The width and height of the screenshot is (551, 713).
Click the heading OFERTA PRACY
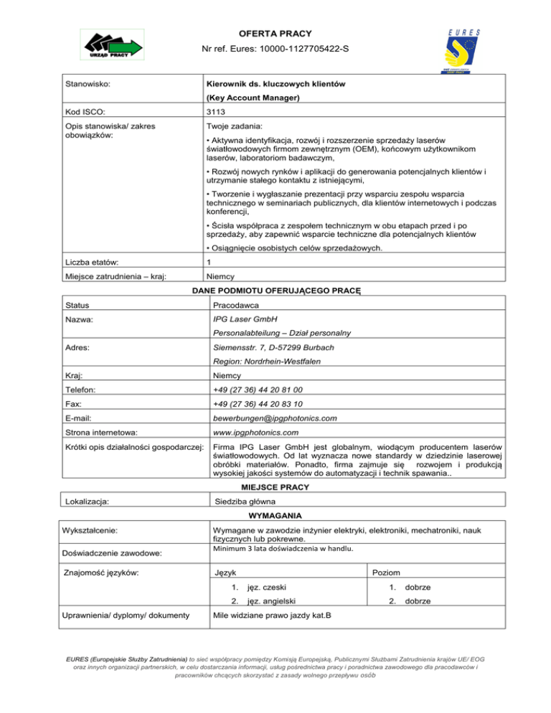275,33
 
